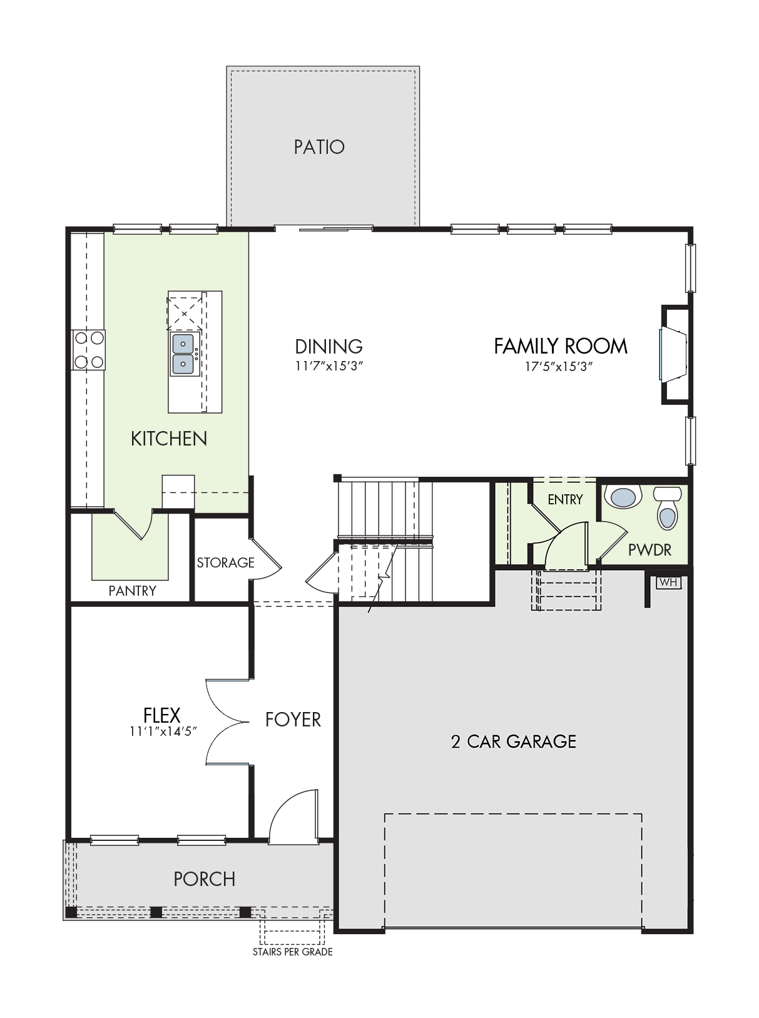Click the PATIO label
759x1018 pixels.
tap(319, 147)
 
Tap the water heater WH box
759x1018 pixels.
tap(668, 582)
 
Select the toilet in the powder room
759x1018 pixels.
tap(667, 507)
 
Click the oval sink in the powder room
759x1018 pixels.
tap(623, 497)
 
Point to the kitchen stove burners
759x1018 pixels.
tap(89, 350)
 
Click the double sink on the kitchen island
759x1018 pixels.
tap(184, 354)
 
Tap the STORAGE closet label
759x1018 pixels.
tap(225, 562)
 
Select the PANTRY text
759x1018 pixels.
tap(132, 591)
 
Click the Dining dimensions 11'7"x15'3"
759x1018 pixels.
tap(329, 366)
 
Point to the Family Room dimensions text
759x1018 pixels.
tap(559, 367)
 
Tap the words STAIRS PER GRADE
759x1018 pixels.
tap(293, 952)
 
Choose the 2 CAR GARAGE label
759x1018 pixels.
tap(514, 741)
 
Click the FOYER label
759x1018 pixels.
tap(293, 720)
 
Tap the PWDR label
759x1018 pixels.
tap(649, 550)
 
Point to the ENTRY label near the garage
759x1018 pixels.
tap(565, 499)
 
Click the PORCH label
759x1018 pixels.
tap(205, 879)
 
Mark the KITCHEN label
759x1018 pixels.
tap(169, 439)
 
